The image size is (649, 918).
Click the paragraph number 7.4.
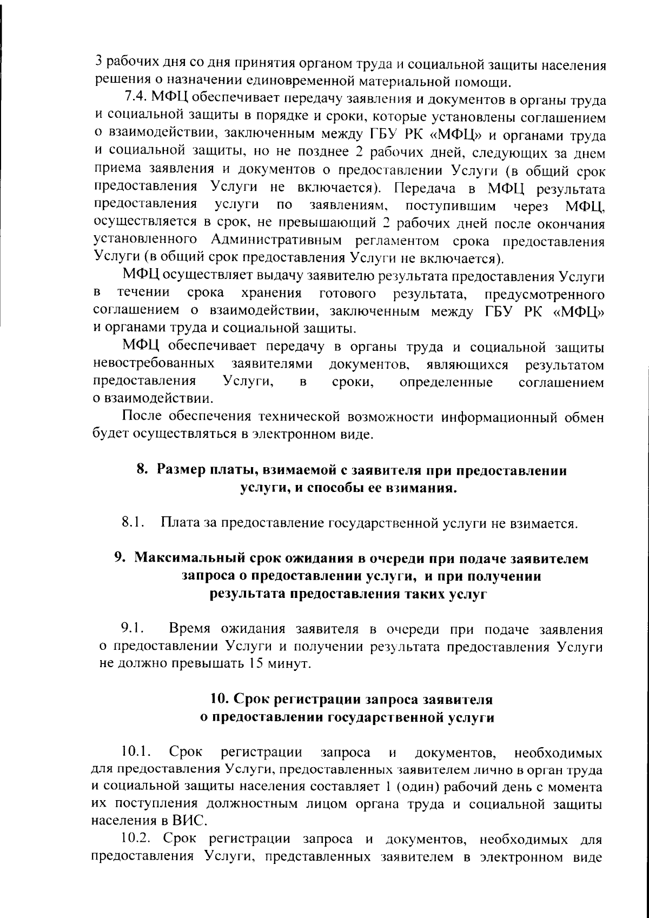click(x=136, y=100)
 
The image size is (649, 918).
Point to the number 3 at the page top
click(x=98, y=61)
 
